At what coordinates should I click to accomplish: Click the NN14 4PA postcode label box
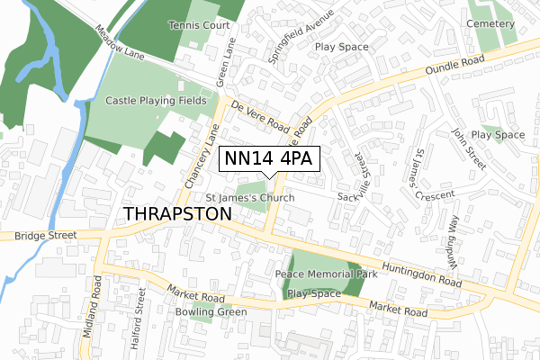click(269, 159)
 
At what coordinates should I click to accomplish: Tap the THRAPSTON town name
click(176, 213)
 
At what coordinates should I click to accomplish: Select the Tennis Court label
click(203, 26)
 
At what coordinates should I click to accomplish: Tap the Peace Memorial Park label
click(326, 274)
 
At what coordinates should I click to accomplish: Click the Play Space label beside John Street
click(498, 135)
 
